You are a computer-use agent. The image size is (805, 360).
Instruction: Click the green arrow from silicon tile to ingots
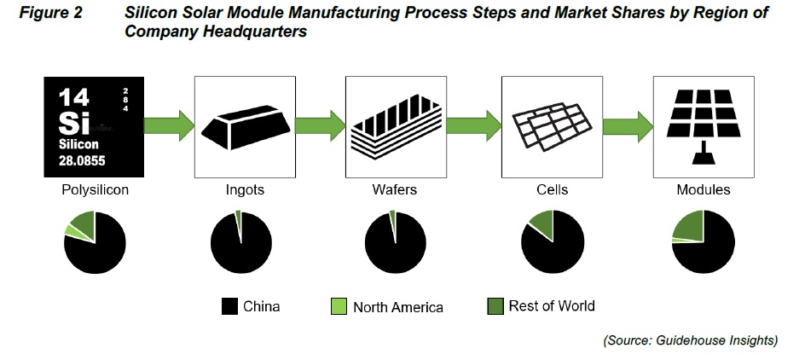[x=167, y=125]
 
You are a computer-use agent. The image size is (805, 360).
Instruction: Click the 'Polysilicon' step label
[x=96, y=190]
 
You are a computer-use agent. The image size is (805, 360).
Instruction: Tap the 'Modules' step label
[x=704, y=190]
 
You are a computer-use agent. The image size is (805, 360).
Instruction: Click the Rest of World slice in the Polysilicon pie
[x=84, y=224]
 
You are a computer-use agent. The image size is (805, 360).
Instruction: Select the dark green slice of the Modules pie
[x=690, y=226]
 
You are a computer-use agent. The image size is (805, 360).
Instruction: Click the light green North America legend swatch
[x=339, y=306]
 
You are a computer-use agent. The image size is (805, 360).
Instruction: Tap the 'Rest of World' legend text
[x=552, y=306]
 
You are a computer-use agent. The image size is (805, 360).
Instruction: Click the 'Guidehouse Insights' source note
[x=690, y=340]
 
